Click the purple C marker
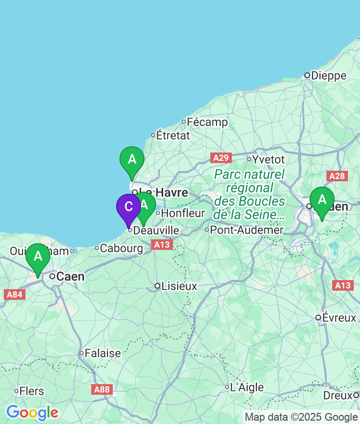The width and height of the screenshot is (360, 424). [129, 207]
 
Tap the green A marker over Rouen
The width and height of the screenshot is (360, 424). [322, 200]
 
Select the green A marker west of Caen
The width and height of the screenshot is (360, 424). [37, 257]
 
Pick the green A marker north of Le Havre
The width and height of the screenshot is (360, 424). [132, 160]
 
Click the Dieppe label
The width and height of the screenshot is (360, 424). [328, 75]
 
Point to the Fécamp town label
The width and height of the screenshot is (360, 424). [207, 122]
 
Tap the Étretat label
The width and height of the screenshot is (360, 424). [173, 135]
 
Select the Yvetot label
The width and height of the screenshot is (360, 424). [268, 159]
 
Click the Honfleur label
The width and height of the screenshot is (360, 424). [183, 213]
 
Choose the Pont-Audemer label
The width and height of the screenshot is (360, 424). [247, 230]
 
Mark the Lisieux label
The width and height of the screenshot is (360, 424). [179, 286]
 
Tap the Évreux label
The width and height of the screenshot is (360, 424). [339, 318]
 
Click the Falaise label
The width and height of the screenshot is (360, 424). [103, 353]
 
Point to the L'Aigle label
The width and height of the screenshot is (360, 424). [247, 388]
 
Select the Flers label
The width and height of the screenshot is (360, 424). [32, 391]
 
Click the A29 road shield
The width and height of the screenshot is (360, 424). [221, 158]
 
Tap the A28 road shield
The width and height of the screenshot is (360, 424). [337, 176]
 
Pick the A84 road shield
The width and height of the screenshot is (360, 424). [14, 294]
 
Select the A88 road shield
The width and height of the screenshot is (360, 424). [102, 389]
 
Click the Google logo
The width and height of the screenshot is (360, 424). [32, 412]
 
